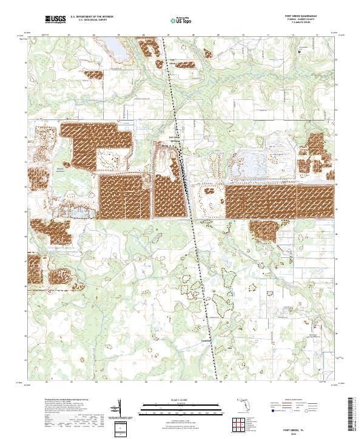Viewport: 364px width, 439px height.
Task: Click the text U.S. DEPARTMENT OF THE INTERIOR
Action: coord(91,17)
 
